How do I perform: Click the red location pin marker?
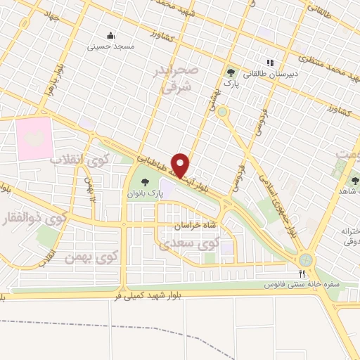[181, 165]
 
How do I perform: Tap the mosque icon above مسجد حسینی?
[110, 36]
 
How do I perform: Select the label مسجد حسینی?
[110, 46]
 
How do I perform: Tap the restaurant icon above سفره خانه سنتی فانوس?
[302, 273]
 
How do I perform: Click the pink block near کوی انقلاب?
[34, 138]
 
